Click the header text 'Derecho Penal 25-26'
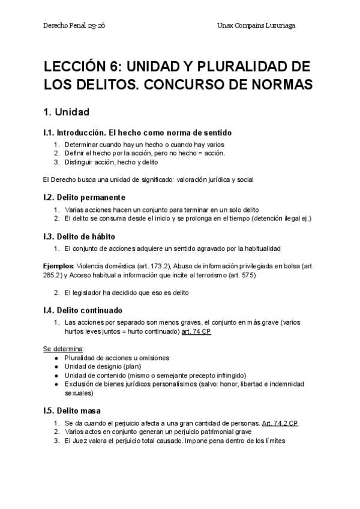[x=75, y=26]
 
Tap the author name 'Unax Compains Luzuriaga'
[x=257, y=26]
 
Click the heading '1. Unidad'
[x=67, y=112]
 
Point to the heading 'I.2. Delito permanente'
[x=85, y=196]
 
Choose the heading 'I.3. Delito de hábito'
[x=79, y=236]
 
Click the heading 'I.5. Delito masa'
[x=73, y=411]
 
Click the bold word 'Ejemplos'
[x=58, y=265]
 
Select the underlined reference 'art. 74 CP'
[x=196, y=331]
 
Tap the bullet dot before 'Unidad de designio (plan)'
[x=56, y=367]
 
